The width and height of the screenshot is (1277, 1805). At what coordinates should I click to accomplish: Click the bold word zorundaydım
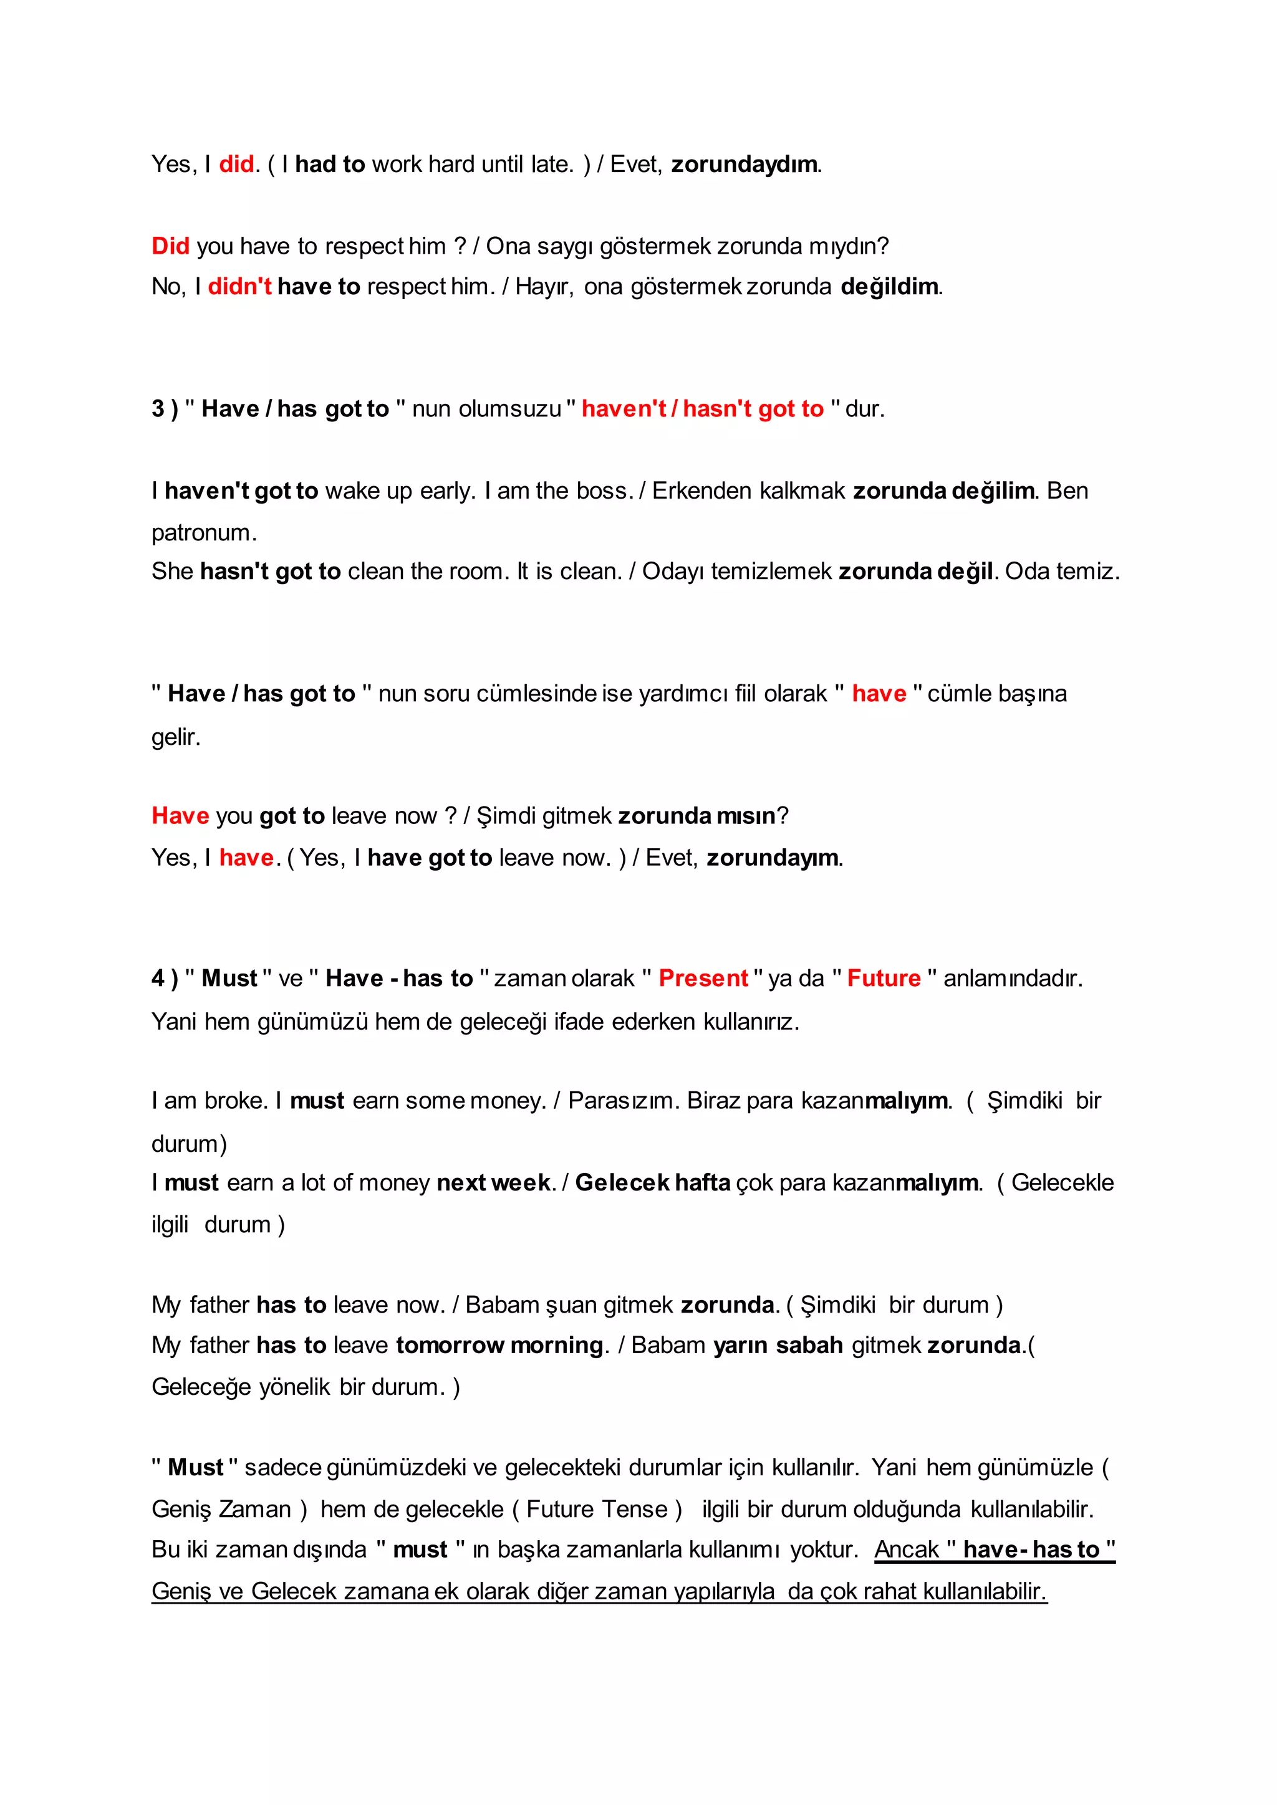coord(745,165)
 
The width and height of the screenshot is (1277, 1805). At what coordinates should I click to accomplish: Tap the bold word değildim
coord(889,286)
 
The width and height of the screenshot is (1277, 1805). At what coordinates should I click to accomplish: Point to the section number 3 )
coord(165,409)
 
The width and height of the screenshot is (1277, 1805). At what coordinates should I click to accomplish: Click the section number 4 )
coord(165,978)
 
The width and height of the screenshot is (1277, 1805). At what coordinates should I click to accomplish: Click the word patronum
coord(204,533)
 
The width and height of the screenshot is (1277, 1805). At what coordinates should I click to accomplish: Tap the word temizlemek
coord(771,572)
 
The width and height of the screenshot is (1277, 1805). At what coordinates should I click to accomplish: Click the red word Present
coord(703,978)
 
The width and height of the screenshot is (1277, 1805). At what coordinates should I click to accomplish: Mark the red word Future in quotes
coord(884,978)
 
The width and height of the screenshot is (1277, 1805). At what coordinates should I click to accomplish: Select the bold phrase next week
coord(494,1183)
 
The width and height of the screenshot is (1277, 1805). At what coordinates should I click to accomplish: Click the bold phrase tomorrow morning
coord(499,1345)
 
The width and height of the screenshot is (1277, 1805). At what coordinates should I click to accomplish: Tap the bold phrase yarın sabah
coord(778,1345)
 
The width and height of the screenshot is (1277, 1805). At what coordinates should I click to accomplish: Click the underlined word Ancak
coord(907,1549)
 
